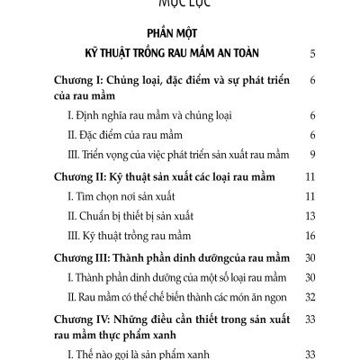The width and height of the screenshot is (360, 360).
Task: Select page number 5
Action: (x=310, y=54)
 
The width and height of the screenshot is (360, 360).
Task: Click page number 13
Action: (x=308, y=216)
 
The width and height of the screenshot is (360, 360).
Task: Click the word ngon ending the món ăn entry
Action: (x=273, y=295)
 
